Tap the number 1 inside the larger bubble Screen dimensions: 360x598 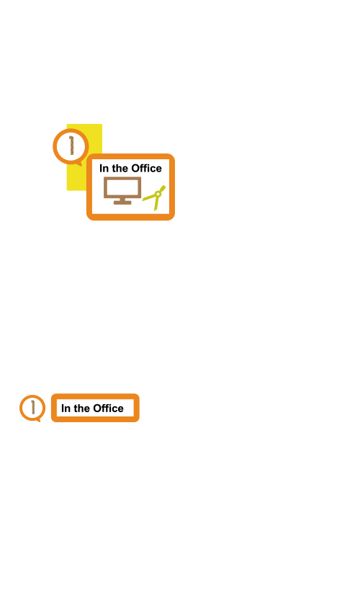71,146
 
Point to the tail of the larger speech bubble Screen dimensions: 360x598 79,164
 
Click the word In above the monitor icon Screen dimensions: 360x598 104,168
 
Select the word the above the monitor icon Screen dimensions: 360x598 120,168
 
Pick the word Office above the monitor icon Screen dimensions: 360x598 146,168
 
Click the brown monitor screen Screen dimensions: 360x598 122,187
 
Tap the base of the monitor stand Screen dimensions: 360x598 122,202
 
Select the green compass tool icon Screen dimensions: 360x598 154,197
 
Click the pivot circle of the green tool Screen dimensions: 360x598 158,194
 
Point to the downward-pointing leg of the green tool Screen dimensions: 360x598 156,203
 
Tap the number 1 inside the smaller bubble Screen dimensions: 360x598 33,407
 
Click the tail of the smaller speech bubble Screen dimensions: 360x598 37,420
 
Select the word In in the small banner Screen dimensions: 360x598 66,409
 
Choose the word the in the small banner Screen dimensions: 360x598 81,409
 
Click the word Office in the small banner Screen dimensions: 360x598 108,409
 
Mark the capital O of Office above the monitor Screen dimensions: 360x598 136,169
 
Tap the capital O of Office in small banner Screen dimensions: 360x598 98,409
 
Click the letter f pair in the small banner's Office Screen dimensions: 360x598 107,409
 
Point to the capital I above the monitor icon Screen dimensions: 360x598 101,168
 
